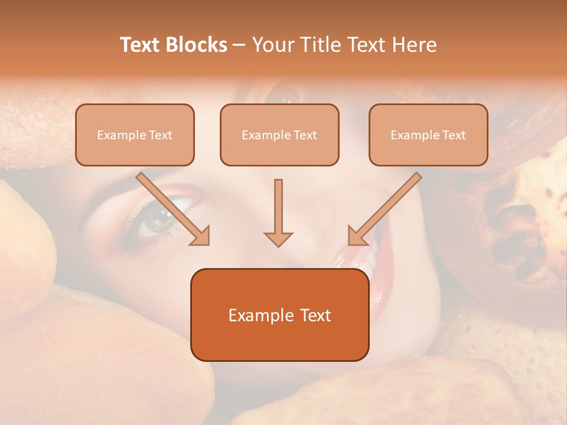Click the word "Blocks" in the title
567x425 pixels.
[x=196, y=45]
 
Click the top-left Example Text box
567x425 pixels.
[x=135, y=135]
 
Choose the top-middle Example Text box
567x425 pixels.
[x=279, y=135]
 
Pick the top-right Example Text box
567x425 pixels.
[x=428, y=135]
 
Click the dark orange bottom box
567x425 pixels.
[x=279, y=315]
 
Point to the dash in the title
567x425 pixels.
[x=239, y=45]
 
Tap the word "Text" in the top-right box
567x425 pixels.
[x=454, y=135]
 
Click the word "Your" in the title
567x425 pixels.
[x=272, y=45]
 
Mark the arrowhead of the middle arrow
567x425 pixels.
[x=278, y=238]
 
